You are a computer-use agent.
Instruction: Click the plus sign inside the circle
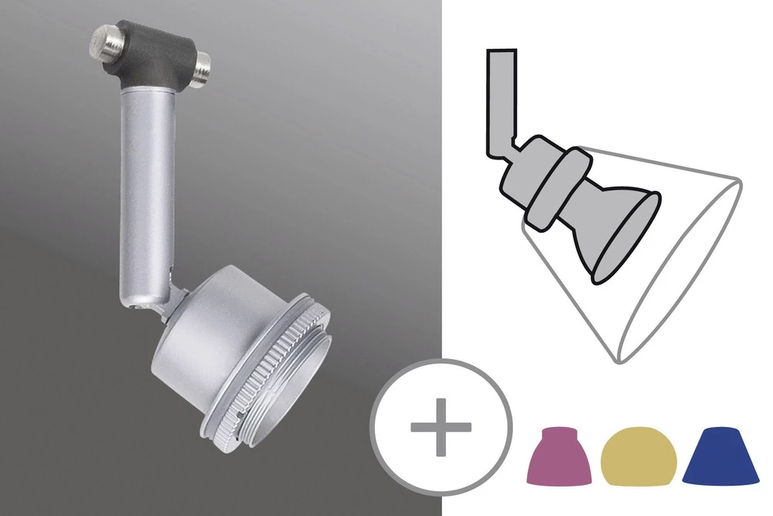pos(441,428)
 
